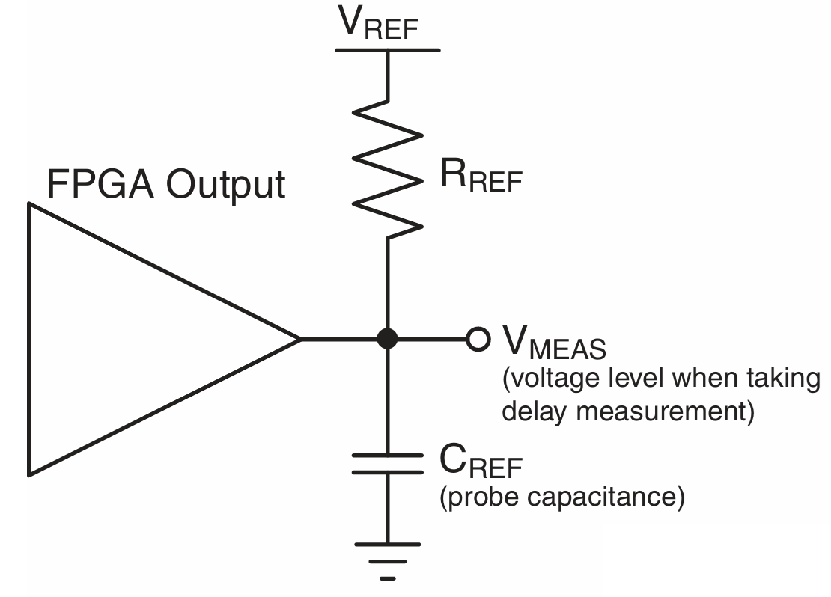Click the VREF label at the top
click(x=380, y=22)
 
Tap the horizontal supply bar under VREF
click(x=387, y=50)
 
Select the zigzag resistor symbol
click(x=387, y=168)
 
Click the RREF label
click(x=479, y=177)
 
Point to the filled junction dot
click(x=387, y=339)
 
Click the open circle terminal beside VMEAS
click(x=476, y=339)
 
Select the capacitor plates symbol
click(x=387, y=463)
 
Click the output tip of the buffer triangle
click(x=299, y=339)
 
